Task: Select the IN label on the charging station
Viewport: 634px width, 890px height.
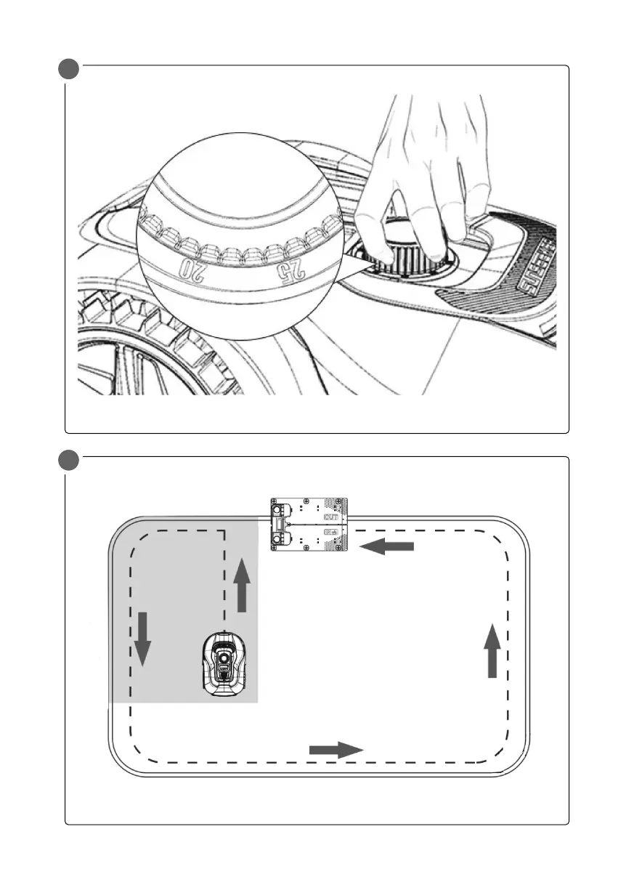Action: pos(330,533)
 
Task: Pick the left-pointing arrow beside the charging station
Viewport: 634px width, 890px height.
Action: pos(387,546)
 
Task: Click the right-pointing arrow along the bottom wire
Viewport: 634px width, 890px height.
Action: pos(336,751)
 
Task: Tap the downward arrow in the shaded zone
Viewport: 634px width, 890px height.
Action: pos(142,639)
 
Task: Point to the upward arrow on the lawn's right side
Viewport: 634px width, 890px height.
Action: pos(492,651)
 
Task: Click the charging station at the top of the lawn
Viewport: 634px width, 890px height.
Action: pos(309,524)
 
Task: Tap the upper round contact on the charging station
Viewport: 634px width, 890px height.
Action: pos(277,509)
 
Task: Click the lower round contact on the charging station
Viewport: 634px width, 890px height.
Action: pos(277,539)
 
